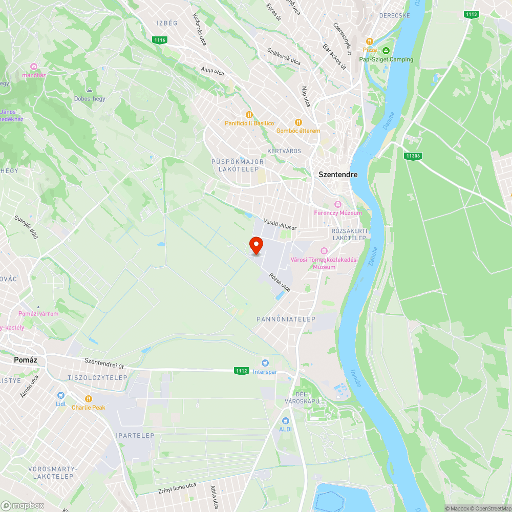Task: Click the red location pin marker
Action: pyautogui.click(x=256, y=246)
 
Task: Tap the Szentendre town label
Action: pyautogui.click(x=338, y=175)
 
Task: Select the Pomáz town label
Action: pyautogui.click(x=24, y=360)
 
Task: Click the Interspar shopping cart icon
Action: pyautogui.click(x=265, y=363)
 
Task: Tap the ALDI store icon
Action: pyautogui.click(x=285, y=420)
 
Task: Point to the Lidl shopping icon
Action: pyautogui.click(x=61, y=395)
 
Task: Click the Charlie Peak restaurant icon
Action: pyautogui.click(x=88, y=399)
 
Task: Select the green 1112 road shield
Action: pyautogui.click(x=242, y=371)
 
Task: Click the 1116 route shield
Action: pyautogui.click(x=160, y=40)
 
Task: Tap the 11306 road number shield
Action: pyautogui.click(x=412, y=156)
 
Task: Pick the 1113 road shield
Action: pyautogui.click(x=472, y=14)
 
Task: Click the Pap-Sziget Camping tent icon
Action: pyautogui.click(x=386, y=50)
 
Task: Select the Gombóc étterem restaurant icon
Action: pyautogui.click(x=298, y=122)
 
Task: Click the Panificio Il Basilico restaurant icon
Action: pyautogui.click(x=249, y=115)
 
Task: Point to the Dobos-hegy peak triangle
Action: pyautogui.click(x=90, y=90)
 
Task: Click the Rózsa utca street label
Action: pyautogui.click(x=280, y=282)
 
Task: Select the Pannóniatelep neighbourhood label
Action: pyautogui.click(x=286, y=319)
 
